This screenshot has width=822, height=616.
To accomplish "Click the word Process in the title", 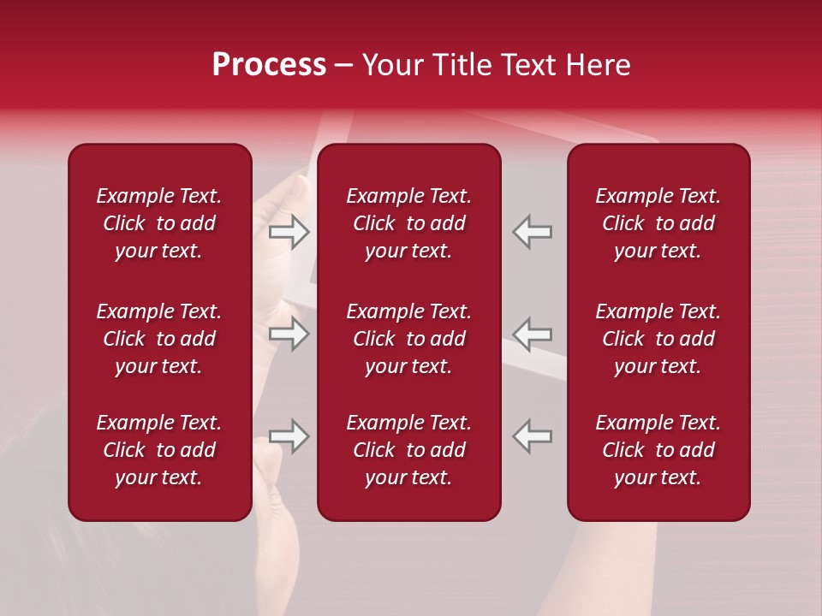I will [269, 65].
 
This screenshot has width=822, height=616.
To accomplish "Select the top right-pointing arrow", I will [289, 232].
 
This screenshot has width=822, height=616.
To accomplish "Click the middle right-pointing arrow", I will [289, 334].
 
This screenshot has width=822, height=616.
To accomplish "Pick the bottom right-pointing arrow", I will [289, 436].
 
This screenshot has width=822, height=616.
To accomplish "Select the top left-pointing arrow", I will [533, 232].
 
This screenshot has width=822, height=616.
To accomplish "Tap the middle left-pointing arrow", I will [533, 334].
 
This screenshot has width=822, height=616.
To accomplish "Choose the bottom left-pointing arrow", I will [533, 436].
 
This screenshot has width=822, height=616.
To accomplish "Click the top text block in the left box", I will [159, 223].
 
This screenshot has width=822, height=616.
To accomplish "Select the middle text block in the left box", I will [159, 339].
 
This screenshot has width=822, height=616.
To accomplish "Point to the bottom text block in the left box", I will [159, 450].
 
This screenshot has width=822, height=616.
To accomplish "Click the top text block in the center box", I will [409, 223].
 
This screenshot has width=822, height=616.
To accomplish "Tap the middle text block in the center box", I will [409, 339].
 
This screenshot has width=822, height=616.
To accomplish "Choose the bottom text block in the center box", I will [409, 450].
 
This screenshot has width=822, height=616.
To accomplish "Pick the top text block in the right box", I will [658, 223].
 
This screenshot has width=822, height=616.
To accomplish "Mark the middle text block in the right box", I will [658, 339].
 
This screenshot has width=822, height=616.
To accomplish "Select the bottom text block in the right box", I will [658, 450].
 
